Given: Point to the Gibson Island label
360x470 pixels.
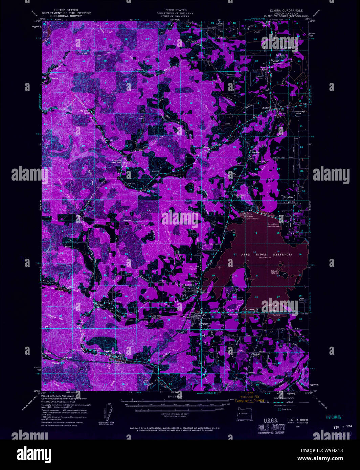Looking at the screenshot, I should (274, 272).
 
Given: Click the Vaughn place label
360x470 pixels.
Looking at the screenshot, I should (108, 351).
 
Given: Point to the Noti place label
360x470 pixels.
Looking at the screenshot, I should (99, 301).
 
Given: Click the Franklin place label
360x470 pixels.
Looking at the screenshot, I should (255, 152).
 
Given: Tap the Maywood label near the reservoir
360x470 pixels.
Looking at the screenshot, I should (250, 309).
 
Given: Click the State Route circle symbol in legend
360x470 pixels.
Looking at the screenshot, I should (280, 409).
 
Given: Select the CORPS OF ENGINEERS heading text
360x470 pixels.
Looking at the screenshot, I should (175, 16).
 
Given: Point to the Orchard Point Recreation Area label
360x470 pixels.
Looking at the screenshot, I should (273, 225).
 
